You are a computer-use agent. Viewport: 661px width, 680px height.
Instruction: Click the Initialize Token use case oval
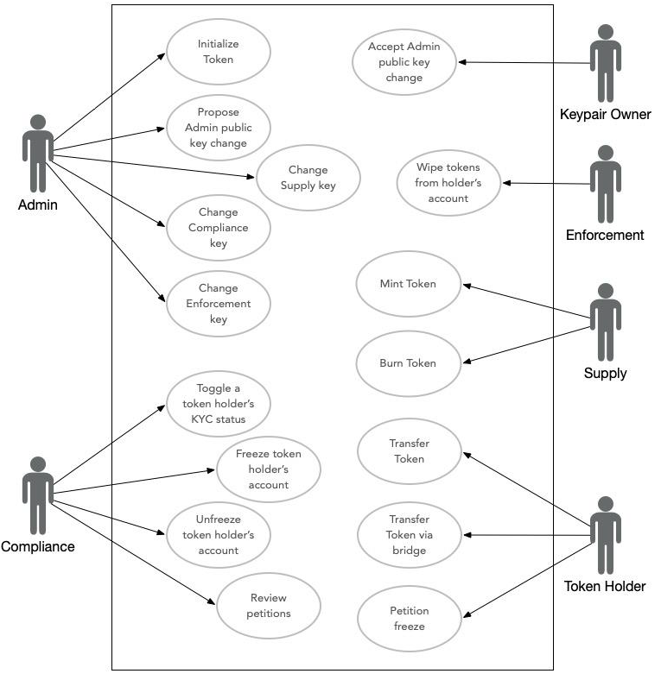(x=219, y=52)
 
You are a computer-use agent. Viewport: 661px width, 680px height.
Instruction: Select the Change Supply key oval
(x=308, y=178)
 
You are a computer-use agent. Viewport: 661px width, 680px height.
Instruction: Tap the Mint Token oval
(x=408, y=284)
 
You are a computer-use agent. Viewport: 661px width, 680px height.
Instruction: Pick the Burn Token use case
(x=408, y=363)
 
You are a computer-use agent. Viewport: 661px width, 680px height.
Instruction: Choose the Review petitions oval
(x=269, y=606)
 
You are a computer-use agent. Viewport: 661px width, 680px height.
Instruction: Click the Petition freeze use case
(x=409, y=619)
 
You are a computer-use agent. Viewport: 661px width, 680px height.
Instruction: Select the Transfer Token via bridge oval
(x=409, y=535)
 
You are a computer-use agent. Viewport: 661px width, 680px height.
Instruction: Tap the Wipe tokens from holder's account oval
(x=448, y=183)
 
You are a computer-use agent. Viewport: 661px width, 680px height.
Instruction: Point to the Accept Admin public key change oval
(x=404, y=62)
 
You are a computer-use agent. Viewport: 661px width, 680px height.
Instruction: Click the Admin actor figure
(x=38, y=153)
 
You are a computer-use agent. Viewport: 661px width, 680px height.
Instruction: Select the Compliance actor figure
(x=38, y=495)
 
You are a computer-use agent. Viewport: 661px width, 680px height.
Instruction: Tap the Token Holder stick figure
(x=606, y=535)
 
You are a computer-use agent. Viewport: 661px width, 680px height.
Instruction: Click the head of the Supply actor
(x=606, y=291)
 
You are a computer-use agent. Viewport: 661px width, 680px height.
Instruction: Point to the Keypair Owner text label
(x=605, y=114)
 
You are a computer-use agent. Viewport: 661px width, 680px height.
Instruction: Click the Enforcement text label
(x=605, y=235)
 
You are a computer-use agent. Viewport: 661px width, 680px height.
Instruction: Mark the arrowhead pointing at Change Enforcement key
(x=162, y=298)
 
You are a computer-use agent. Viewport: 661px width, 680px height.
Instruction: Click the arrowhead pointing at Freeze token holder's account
(x=211, y=470)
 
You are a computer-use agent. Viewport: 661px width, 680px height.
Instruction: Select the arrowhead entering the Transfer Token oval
(x=467, y=455)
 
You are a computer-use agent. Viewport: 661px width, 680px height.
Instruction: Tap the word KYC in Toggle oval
(x=202, y=419)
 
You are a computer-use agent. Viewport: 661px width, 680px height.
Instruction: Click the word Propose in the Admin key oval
(x=218, y=112)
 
